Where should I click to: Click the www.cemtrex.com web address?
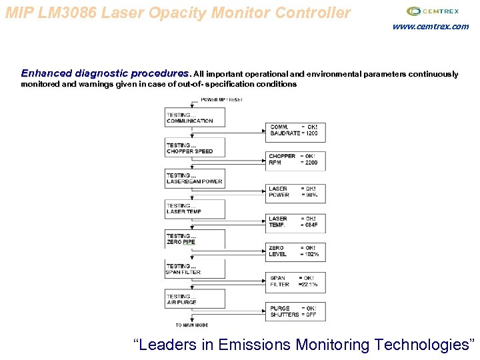click(x=430, y=27)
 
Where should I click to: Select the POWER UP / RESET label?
click(x=221, y=99)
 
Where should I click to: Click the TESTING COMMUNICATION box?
click(x=195, y=117)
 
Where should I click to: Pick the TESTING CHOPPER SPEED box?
click(x=195, y=147)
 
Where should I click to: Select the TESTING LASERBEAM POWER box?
click(x=195, y=178)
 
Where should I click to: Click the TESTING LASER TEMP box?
click(x=195, y=208)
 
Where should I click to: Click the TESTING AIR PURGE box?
click(x=195, y=299)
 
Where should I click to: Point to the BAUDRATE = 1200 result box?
click(x=293, y=131)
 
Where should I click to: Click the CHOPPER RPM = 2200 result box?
click(x=293, y=160)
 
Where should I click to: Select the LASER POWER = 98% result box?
click(x=293, y=192)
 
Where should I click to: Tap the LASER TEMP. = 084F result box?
click(x=293, y=222)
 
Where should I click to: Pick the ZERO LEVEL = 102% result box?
click(x=293, y=251)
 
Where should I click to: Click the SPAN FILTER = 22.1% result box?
click(x=293, y=281)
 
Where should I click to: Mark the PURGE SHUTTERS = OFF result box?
click(x=293, y=311)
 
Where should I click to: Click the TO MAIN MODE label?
click(x=192, y=325)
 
